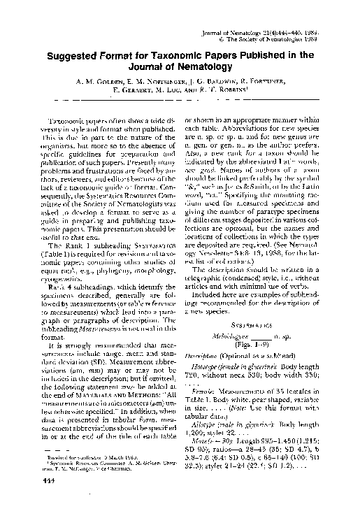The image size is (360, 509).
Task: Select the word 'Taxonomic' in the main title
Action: click(178, 54)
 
